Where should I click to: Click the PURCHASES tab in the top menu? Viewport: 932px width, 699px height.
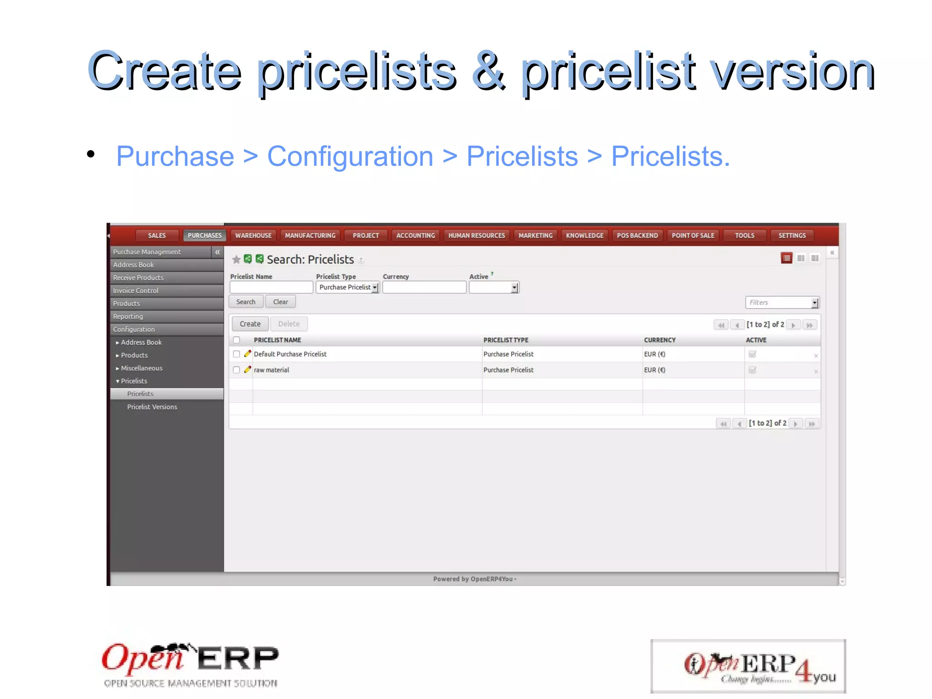click(x=204, y=235)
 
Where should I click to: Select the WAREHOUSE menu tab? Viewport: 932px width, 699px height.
click(x=253, y=235)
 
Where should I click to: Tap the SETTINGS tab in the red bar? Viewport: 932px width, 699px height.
click(x=792, y=235)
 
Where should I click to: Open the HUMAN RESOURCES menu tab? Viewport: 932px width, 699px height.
click(x=476, y=235)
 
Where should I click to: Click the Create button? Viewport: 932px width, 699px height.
click(x=250, y=324)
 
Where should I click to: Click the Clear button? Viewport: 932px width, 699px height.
click(x=280, y=302)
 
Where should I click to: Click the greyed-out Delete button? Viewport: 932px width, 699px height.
click(x=289, y=324)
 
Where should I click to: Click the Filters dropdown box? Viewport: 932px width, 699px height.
click(x=782, y=302)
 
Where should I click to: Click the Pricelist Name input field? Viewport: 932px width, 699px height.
click(x=271, y=287)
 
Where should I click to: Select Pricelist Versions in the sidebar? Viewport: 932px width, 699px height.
click(x=152, y=407)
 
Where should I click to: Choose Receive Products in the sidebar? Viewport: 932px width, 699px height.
click(x=138, y=278)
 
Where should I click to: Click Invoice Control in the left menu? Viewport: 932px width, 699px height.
click(x=136, y=291)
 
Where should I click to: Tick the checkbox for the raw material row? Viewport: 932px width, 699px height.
click(x=236, y=370)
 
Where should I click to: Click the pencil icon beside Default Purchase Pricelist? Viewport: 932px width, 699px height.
click(x=247, y=354)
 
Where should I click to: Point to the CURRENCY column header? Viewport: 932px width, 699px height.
click(x=659, y=340)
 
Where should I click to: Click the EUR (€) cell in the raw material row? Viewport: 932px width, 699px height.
click(x=654, y=370)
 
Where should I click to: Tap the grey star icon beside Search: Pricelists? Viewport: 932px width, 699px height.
click(x=236, y=260)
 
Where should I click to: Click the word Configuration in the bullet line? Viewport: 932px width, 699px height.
click(x=350, y=156)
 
